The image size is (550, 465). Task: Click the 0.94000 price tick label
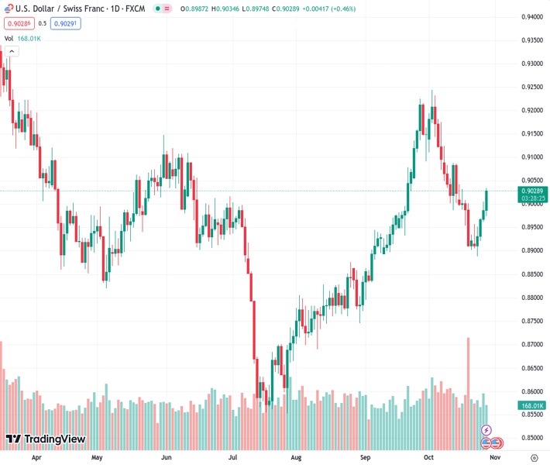531,16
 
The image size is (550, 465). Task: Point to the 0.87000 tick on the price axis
531,344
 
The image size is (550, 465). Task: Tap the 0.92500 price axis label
531,87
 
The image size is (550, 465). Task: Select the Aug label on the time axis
295,457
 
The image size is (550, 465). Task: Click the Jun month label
166,457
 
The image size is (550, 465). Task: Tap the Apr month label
36,457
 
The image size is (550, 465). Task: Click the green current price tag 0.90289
533,191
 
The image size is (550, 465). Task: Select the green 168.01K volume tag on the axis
532,405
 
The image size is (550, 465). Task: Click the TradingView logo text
54,439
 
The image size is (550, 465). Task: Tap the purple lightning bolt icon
486,429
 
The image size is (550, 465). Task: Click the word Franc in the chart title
89,8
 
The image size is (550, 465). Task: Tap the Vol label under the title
9,38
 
